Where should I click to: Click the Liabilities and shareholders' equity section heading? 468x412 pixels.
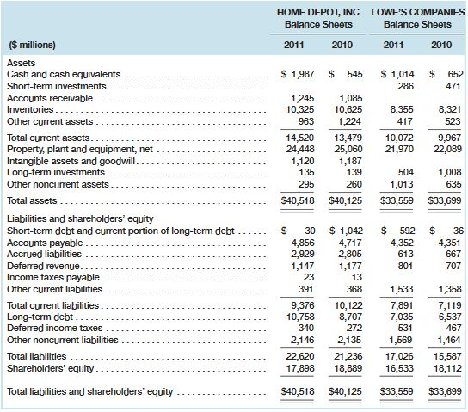[x=71, y=219]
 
